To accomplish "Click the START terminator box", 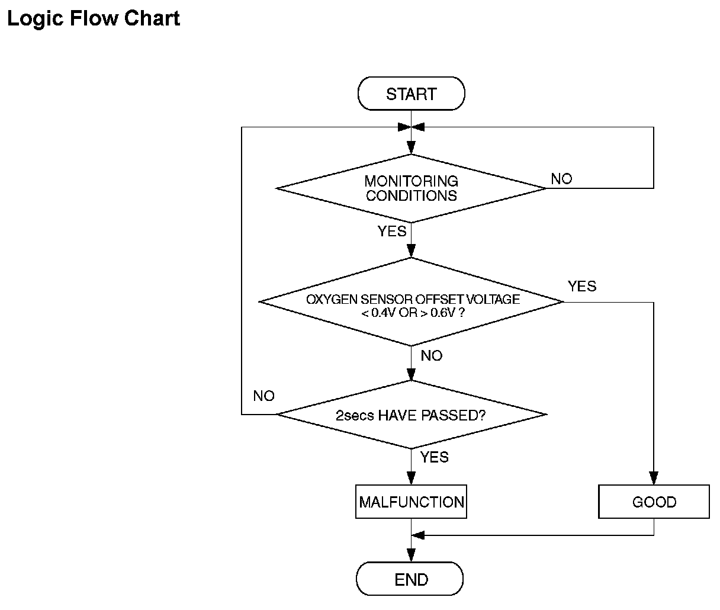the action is click(411, 94).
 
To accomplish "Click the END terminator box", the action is click(410, 579).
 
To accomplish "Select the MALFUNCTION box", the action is click(411, 502).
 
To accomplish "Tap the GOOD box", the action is click(654, 502).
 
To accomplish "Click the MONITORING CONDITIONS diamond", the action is click(411, 188).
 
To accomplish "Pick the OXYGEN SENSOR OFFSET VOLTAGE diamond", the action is click(411, 301).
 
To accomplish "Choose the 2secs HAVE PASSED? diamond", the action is click(411, 415).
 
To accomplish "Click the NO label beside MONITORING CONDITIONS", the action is click(561, 179).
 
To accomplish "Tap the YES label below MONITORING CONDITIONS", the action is click(392, 232).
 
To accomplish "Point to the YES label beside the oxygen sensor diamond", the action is click(582, 286).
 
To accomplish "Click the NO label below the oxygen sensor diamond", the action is click(432, 356).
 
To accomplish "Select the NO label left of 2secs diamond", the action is click(263, 396).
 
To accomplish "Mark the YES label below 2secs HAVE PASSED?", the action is click(435, 457).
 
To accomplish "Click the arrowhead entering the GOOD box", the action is click(654, 478).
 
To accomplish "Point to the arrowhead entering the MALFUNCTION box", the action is click(411, 478).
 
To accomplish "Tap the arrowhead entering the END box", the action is click(411, 556).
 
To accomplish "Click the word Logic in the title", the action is click(35, 19).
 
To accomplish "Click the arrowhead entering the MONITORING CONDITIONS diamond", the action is click(411, 147).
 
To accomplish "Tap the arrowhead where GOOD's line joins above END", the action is click(417, 535).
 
